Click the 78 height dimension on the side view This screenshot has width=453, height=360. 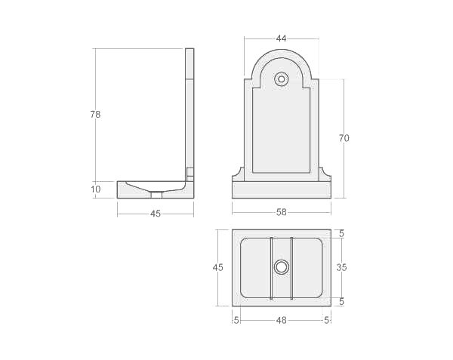coord(95,115)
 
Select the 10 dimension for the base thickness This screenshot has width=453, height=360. coord(96,189)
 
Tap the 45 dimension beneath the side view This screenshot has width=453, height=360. coord(156,214)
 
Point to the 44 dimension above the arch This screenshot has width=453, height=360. coord(282,38)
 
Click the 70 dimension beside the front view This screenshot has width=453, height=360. coord(344,138)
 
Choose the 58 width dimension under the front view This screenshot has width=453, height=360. coord(282,212)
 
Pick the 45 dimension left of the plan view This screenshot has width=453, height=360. coord(218,268)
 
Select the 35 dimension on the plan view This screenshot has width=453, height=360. coord(342,267)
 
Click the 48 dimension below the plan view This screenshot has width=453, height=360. coord(282,320)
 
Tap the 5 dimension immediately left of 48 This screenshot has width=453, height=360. coord(236,320)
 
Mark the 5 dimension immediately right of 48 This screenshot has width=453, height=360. coord(327,320)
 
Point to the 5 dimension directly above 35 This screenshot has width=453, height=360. coord(342,234)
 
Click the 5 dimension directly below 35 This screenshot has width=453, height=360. coord(342,302)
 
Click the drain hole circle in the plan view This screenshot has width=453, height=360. coord(282,266)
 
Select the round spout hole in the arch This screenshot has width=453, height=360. coord(282,78)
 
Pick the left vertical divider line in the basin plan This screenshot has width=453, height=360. coord(270,268)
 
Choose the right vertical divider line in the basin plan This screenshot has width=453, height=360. coord(292,268)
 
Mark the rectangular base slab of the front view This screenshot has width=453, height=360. coord(282,190)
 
